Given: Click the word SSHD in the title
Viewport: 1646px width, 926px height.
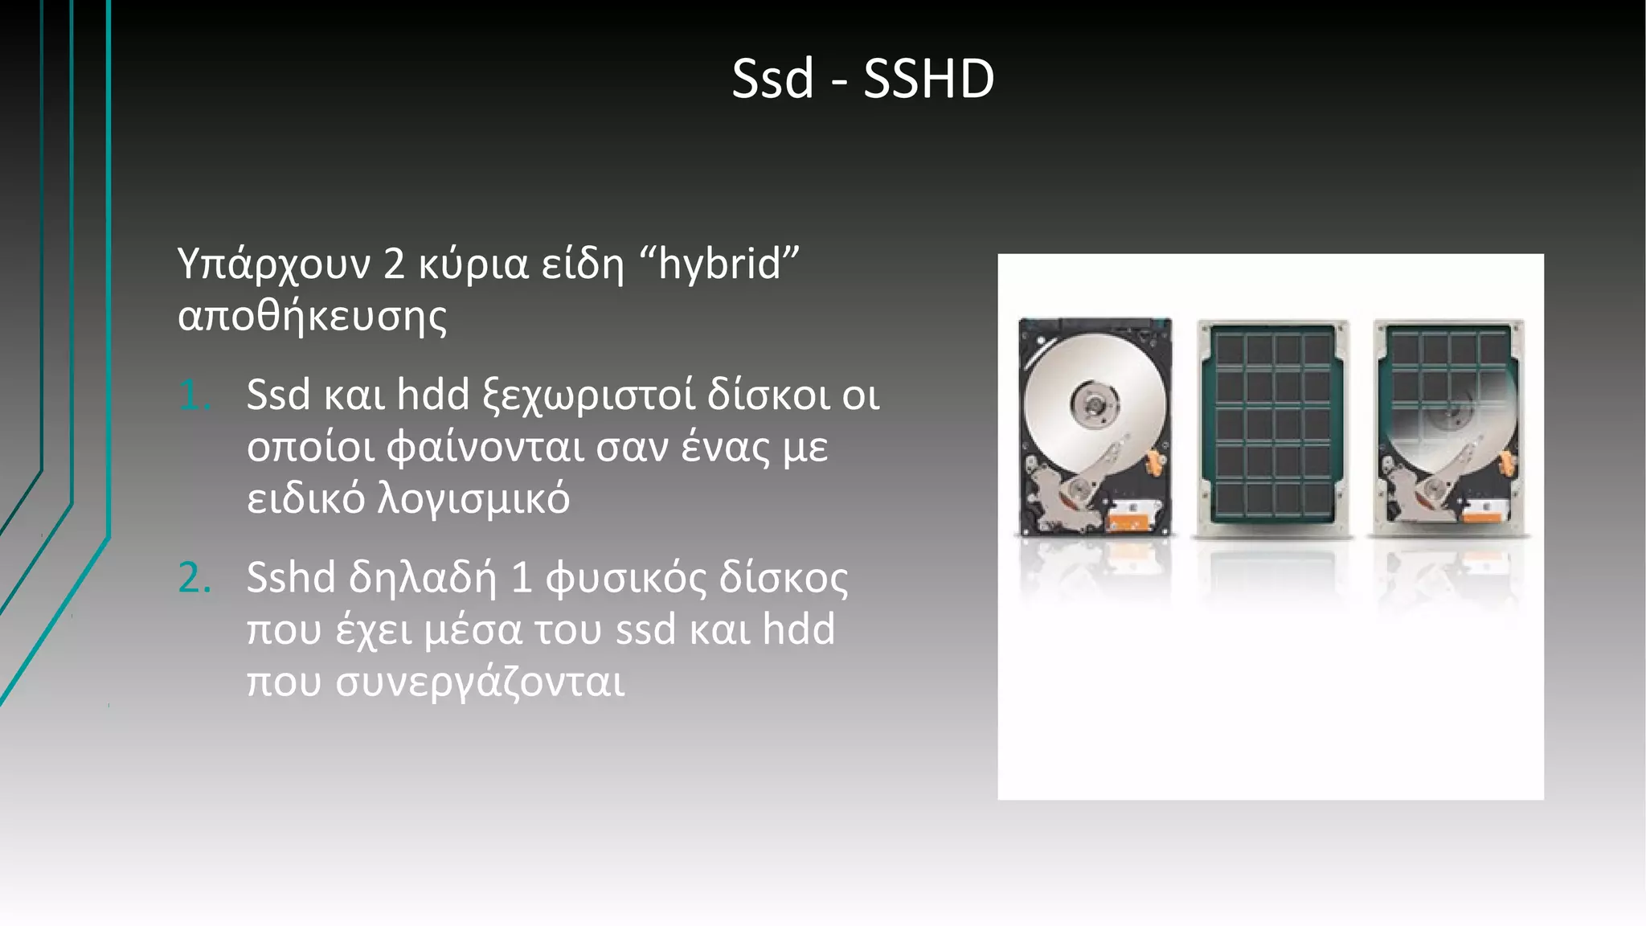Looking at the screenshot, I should click(x=928, y=80).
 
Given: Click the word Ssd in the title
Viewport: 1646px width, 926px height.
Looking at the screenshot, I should click(x=772, y=80).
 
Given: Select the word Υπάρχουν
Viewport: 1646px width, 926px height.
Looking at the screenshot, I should click(x=274, y=265).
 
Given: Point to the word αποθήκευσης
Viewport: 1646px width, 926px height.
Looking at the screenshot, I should click(x=312, y=316).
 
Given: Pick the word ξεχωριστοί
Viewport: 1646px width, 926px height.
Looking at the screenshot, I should click(x=588, y=395).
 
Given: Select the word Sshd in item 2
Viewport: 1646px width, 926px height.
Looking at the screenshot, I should click(x=290, y=578).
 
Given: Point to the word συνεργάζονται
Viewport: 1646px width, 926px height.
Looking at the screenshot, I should click(x=480, y=682).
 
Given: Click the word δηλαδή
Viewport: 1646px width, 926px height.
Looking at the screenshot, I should click(x=422, y=578).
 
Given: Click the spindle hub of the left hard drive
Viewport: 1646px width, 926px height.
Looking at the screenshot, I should click(x=1094, y=401).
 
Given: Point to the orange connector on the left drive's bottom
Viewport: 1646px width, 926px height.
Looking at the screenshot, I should click(x=1128, y=522).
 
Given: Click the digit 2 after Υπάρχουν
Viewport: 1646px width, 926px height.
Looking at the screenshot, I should click(x=394, y=265).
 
